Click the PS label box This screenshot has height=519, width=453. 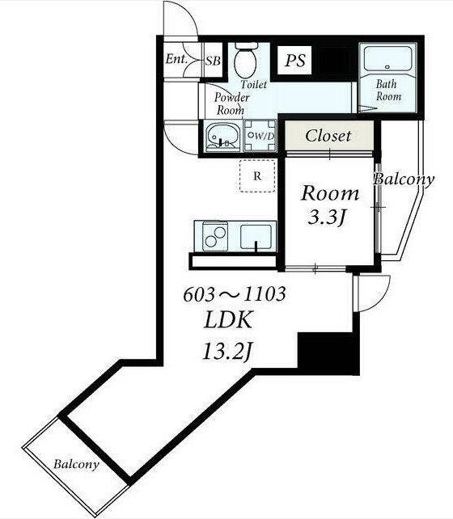(294, 61)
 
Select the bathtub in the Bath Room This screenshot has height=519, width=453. (387, 58)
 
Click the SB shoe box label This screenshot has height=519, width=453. (213, 61)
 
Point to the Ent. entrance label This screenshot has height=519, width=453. (176, 59)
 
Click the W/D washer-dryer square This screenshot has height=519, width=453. (260, 136)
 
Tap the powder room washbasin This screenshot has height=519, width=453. (222, 137)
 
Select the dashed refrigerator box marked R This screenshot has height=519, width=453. (257, 175)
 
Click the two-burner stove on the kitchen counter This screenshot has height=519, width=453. (215, 236)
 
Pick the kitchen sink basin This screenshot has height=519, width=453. (256, 237)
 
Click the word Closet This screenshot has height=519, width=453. (328, 136)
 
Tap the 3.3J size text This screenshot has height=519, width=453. (327, 217)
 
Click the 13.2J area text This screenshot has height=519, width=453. (227, 352)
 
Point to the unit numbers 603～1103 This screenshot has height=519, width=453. (235, 294)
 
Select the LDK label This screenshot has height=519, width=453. (228, 320)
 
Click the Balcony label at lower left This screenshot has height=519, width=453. (76, 464)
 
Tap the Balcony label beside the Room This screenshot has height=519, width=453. (404, 179)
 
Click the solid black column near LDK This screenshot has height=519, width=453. (328, 353)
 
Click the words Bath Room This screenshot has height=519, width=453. (388, 90)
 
